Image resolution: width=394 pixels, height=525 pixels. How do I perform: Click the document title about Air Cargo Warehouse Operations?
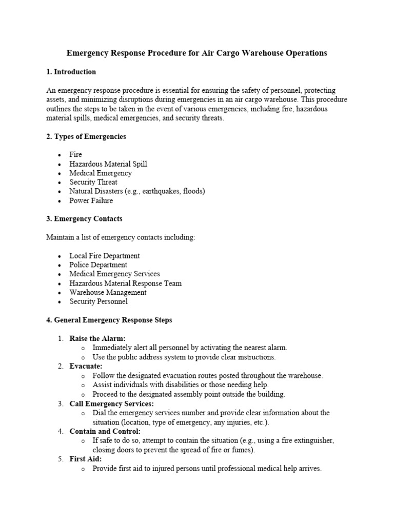coord(196,53)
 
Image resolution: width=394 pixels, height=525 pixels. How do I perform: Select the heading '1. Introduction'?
coord(71,72)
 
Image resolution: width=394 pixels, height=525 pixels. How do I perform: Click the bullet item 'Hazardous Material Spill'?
coord(108,164)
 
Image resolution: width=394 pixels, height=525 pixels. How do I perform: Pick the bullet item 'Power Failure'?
coord(91,200)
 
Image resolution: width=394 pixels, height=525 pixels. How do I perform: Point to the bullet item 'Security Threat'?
coord(93,182)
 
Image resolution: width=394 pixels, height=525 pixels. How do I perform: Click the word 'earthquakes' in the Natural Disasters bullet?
coord(168,191)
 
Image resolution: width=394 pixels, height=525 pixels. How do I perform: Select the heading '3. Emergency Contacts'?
coord(84,219)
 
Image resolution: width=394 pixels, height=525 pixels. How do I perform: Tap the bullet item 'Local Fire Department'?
coord(105,256)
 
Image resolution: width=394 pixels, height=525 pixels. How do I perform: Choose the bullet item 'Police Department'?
coord(98,265)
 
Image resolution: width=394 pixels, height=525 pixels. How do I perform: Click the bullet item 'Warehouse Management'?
coord(108,292)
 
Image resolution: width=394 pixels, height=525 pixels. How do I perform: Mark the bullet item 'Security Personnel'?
coord(98,301)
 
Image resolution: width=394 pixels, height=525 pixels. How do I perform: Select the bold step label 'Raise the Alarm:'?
coord(97,338)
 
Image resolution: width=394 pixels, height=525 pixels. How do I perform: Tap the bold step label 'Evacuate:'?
coord(86,366)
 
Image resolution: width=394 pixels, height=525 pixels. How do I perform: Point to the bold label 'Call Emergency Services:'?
coord(111,403)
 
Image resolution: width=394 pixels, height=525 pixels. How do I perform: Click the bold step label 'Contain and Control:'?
coord(105,431)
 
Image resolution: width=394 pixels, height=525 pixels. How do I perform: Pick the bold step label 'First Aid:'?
coord(86,459)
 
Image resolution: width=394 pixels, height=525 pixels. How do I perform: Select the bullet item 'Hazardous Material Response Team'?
coord(126,283)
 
